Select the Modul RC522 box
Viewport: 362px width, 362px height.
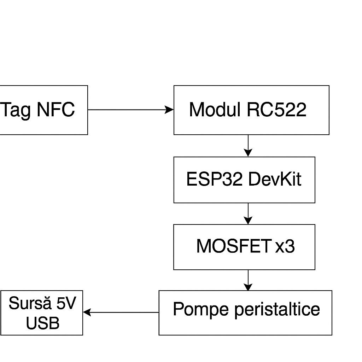[251, 110]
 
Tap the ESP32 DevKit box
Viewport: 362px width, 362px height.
[244, 180]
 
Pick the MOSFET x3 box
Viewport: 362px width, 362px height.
[244, 247]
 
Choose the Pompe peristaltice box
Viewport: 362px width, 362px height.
[245, 313]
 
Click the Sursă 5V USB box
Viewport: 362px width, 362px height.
[42, 313]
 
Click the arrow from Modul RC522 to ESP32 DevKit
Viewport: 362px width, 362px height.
[248, 145]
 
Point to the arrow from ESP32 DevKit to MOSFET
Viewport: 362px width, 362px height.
[248, 213]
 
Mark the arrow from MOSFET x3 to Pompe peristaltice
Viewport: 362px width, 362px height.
[248, 280]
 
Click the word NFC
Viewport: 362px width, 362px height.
[56, 110]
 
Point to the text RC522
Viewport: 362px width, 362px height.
[276, 110]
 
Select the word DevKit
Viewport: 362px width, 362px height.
[274, 180]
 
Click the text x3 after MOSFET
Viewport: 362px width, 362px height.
[285, 246]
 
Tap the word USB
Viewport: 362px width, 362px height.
[42, 323]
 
